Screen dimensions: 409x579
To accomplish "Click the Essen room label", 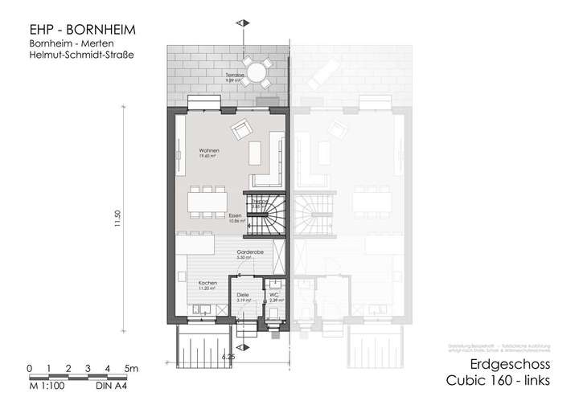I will click(235, 217).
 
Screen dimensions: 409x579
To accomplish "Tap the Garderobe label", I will click(246, 252).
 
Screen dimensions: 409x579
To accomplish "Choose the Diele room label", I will click(241, 297).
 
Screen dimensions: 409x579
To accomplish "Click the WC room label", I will click(274, 297).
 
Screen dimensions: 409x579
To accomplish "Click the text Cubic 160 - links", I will click(499, 382).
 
